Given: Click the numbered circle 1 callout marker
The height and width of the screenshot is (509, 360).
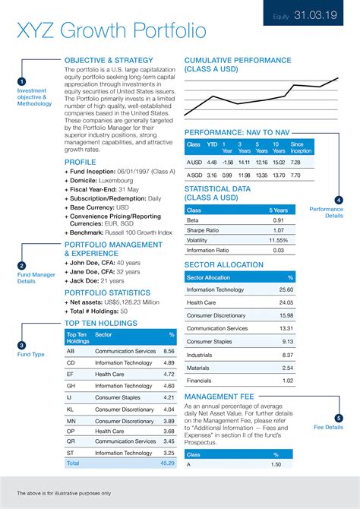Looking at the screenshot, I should (22, 81).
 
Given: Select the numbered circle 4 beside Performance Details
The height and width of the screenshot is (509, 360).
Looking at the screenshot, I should (338, 200).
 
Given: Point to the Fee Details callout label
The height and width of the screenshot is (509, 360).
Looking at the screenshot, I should (329, 427).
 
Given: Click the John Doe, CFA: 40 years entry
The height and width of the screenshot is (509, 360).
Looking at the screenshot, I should (107, 262).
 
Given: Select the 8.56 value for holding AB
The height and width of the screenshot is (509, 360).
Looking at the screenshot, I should (169, 351).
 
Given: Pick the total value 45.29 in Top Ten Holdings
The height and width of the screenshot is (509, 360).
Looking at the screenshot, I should (167, 462).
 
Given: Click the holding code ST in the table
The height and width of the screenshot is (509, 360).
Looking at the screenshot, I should (71, 453).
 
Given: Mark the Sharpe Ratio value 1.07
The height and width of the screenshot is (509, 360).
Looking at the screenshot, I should (278, 230).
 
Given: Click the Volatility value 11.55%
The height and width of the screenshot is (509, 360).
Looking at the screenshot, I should (278, 240).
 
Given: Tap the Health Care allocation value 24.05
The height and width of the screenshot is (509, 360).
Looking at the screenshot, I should (286, 302).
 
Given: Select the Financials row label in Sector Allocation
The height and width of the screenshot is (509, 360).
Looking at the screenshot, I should (200, 381).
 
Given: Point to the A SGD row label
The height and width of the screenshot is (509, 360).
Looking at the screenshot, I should (194, 175).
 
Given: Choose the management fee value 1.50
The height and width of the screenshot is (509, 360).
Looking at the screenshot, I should (276, 464).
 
